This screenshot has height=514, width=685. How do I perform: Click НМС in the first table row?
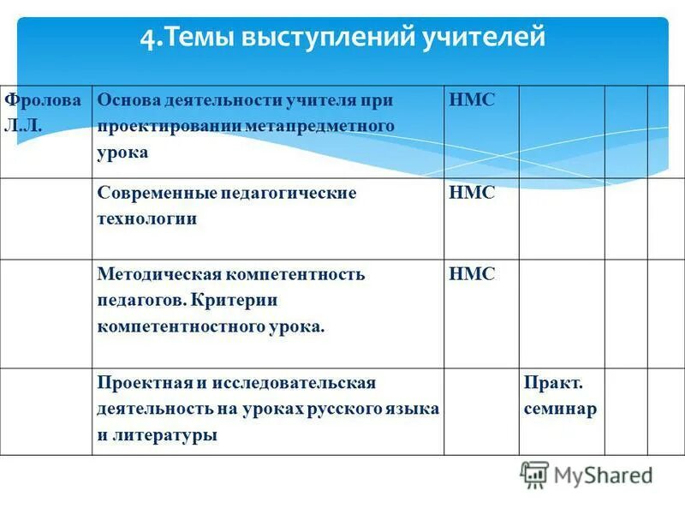click(x=472, y=99)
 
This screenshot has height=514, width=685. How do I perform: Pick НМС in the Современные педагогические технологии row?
click(x=472, y=193)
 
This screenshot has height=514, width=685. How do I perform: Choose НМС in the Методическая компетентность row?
click(x=472, y=274)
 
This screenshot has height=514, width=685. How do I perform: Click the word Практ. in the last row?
click(x=553, y=382)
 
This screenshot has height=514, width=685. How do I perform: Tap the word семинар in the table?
click(x=560, y=409)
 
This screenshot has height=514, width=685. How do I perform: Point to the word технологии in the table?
click(x=146, y=218)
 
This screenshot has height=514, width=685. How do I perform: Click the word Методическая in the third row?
click(x=159, y=274)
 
